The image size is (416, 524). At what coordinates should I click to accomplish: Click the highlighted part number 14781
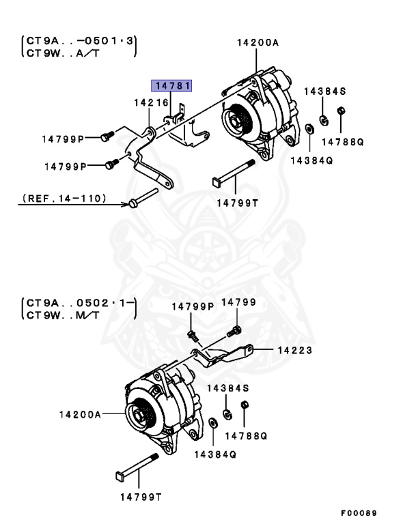coord(172,85)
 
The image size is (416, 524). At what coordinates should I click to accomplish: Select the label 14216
coord(151,102)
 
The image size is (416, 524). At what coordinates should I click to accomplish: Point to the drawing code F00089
coord(359,512)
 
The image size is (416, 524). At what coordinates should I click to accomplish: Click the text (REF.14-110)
coord(64,198)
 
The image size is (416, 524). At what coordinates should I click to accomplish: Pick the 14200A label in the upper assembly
coord(258,42)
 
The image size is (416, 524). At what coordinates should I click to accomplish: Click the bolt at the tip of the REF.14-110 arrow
coord(135,202)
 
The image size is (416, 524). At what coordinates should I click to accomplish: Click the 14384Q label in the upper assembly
coord(311,160)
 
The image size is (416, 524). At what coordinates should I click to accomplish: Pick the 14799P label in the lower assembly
coord(193,306)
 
